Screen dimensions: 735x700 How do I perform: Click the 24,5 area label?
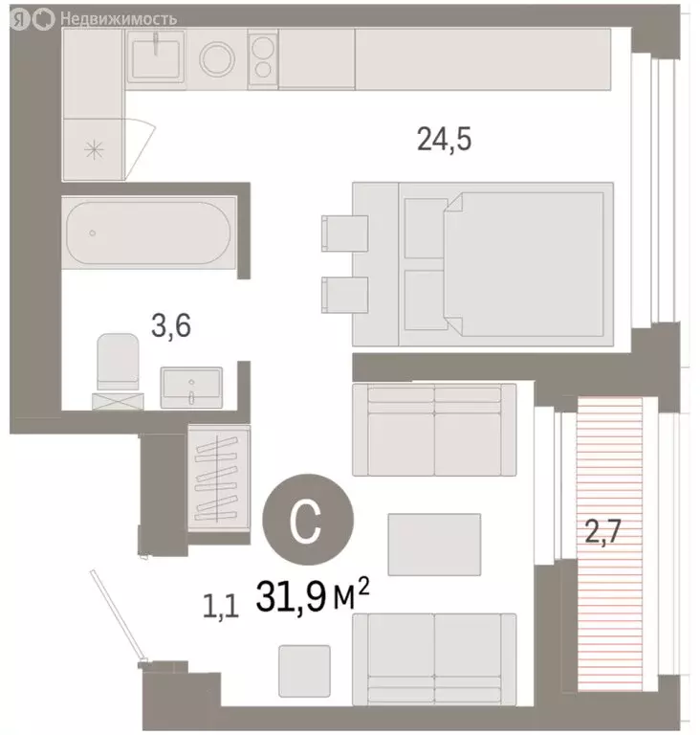tap(446, 141)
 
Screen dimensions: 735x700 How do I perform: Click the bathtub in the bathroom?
tap(148, 232)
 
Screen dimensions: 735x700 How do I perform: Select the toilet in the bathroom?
tap(118, 365)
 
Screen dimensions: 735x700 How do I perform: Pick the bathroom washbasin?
tap(192, 386)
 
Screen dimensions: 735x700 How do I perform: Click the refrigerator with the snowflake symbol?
tap(94, 148)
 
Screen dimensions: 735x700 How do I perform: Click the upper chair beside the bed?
tap(344, 234)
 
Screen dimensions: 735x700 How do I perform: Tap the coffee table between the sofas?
tap(434, 544)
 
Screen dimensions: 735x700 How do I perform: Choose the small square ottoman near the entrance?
tap(304, 670)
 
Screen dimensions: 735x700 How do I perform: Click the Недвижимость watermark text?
tap(117, 18)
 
